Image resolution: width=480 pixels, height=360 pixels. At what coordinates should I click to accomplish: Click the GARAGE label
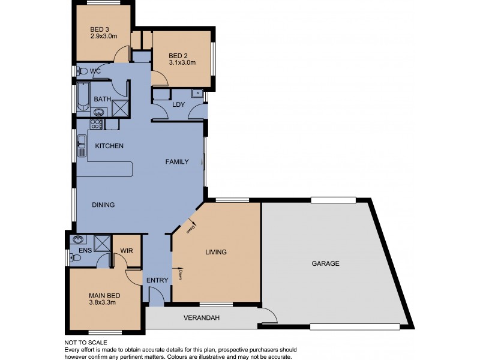pos(325,263)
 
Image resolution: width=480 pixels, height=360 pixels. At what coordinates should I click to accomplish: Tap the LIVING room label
pos(215,252)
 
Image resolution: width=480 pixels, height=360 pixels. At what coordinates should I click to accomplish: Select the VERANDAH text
pos(199,318)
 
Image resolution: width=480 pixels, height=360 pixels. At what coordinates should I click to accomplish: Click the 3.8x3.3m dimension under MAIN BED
pos(102,302)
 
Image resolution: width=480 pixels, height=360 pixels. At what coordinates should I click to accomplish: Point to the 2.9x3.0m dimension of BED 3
pos(104,37)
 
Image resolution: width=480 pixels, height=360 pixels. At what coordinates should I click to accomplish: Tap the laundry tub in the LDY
pos(196,94)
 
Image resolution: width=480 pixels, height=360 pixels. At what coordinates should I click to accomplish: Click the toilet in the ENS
pos(75,259)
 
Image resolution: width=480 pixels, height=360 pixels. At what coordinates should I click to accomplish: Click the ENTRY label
pos(157,280)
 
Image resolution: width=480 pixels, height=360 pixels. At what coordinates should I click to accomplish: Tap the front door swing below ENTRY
pos(155,296)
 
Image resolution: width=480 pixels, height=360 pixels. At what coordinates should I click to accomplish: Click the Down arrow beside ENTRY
pos(179,275)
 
